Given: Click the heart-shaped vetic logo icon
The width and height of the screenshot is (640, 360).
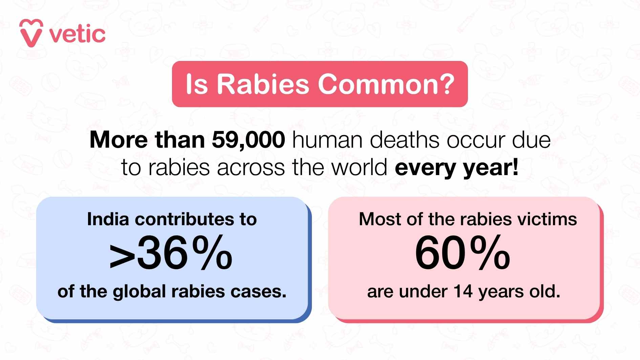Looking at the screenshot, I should pyautogui.click(x=31, y=33).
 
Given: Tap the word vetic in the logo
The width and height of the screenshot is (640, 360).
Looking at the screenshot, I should pyautogui.click(x=78, y=35).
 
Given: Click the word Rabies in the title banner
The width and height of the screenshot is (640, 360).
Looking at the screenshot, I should pyautogui.click(x=263, y=84).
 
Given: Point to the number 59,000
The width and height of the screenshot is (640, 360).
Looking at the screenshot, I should pyautogui.click(x=248, y=140).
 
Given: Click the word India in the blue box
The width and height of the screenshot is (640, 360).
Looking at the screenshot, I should pyautogui.click(x=108, y=219).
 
